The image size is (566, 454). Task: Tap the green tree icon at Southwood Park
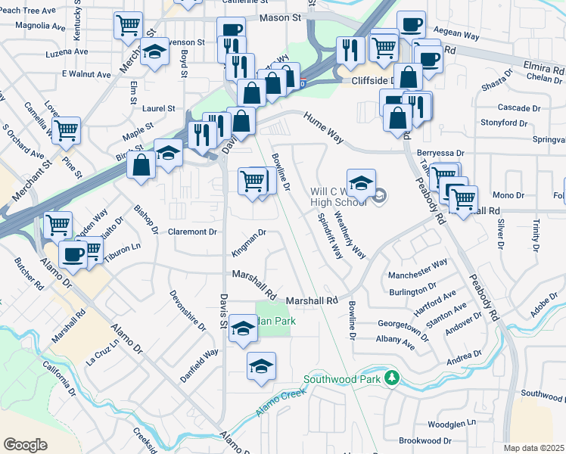(x=391, y=377)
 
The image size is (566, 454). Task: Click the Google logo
(x=25, y=444)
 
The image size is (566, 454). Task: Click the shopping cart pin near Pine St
(x=67, y=130)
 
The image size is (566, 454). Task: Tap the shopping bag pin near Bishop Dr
(x=141, y=164)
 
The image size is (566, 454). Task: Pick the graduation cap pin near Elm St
(x=155, y=52)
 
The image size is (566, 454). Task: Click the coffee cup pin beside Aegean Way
(x=411, y=24)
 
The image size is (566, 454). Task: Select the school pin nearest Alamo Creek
(x=262, y=365)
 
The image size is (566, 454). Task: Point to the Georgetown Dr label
(x=408, y=322)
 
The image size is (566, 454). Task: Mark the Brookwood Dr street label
(x=424, y=440)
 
